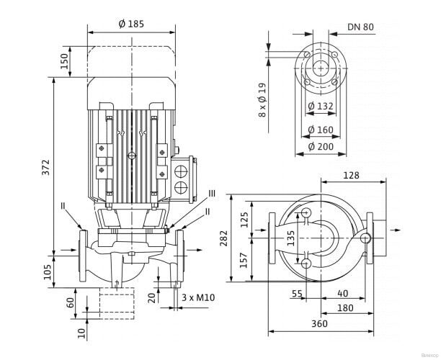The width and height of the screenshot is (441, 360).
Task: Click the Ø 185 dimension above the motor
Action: pos(130,24)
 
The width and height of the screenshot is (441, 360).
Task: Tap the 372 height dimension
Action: pos(46,168)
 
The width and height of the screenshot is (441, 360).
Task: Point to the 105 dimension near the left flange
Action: pos(46,271)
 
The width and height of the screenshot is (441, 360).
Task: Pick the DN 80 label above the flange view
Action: pos(360,27)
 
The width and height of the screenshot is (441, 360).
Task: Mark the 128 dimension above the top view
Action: pos(352,175)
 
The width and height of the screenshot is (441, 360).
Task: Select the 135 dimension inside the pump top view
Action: pos(291,239)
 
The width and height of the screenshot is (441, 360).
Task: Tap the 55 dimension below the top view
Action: pos(297,294)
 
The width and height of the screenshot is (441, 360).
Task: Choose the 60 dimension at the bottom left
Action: pos(69,302)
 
